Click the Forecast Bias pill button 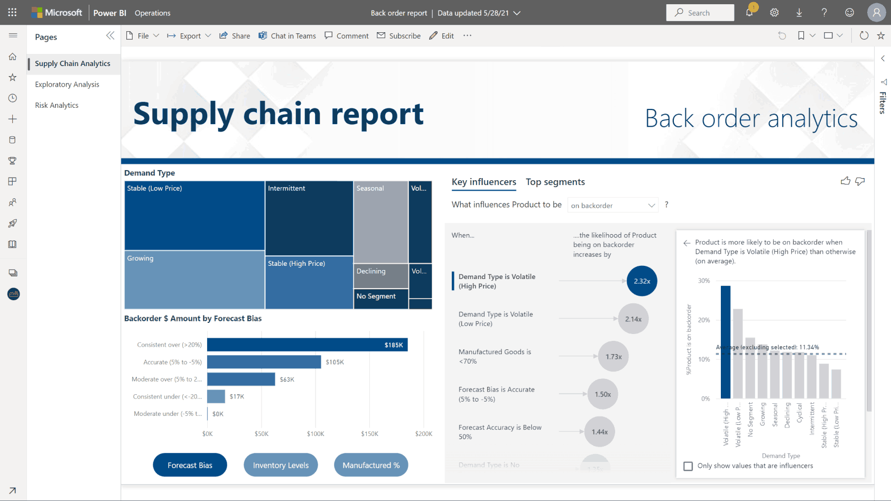190,465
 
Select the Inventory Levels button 281,465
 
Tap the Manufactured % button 371,465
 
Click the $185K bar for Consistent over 307,345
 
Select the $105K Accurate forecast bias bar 264,362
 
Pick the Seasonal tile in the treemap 380,222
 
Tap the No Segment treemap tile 380,297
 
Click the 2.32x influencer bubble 642,281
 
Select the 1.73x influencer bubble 613,357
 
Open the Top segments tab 555,182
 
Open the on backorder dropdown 612,206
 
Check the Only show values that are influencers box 688,466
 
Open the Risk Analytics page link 57,105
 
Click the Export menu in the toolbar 189,36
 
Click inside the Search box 700,13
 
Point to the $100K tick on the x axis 315,434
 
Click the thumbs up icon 845,181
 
